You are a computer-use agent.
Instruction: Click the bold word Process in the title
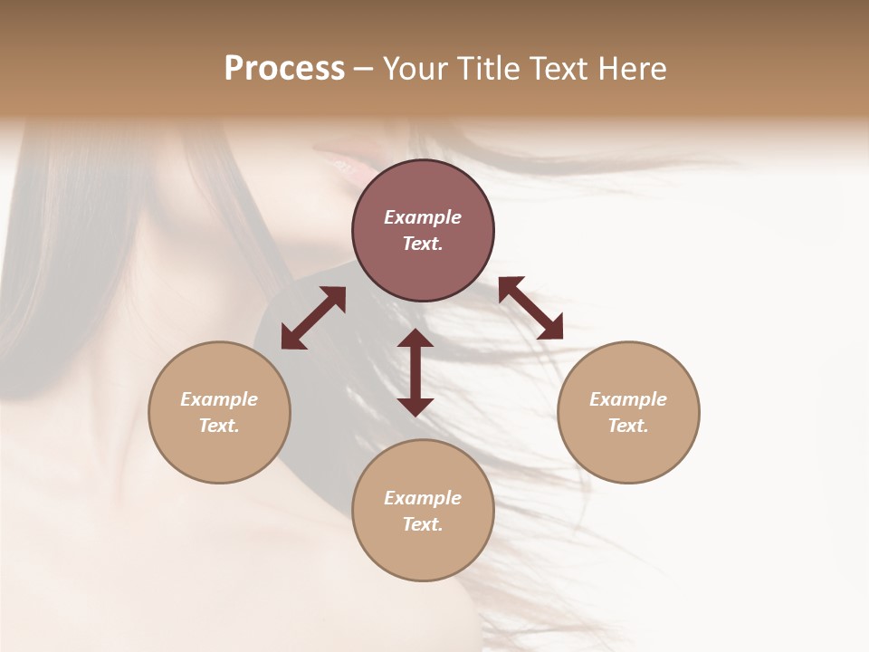(284, 69)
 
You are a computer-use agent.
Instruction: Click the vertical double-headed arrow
(415, 372)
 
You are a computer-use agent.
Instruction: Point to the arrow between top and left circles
(313, 318)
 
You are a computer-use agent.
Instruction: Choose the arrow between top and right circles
(531, 308)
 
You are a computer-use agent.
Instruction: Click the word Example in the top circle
(423, 217)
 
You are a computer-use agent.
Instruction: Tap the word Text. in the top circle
(423, 244)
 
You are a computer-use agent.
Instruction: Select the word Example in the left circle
(219, 399)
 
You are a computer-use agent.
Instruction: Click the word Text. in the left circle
(219, 426)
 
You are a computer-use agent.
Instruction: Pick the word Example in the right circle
(628, 399)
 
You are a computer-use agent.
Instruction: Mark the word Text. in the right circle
(628, 426)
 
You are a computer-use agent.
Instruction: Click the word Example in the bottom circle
(423, 498)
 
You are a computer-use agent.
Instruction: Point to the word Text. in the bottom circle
(423, 524)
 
